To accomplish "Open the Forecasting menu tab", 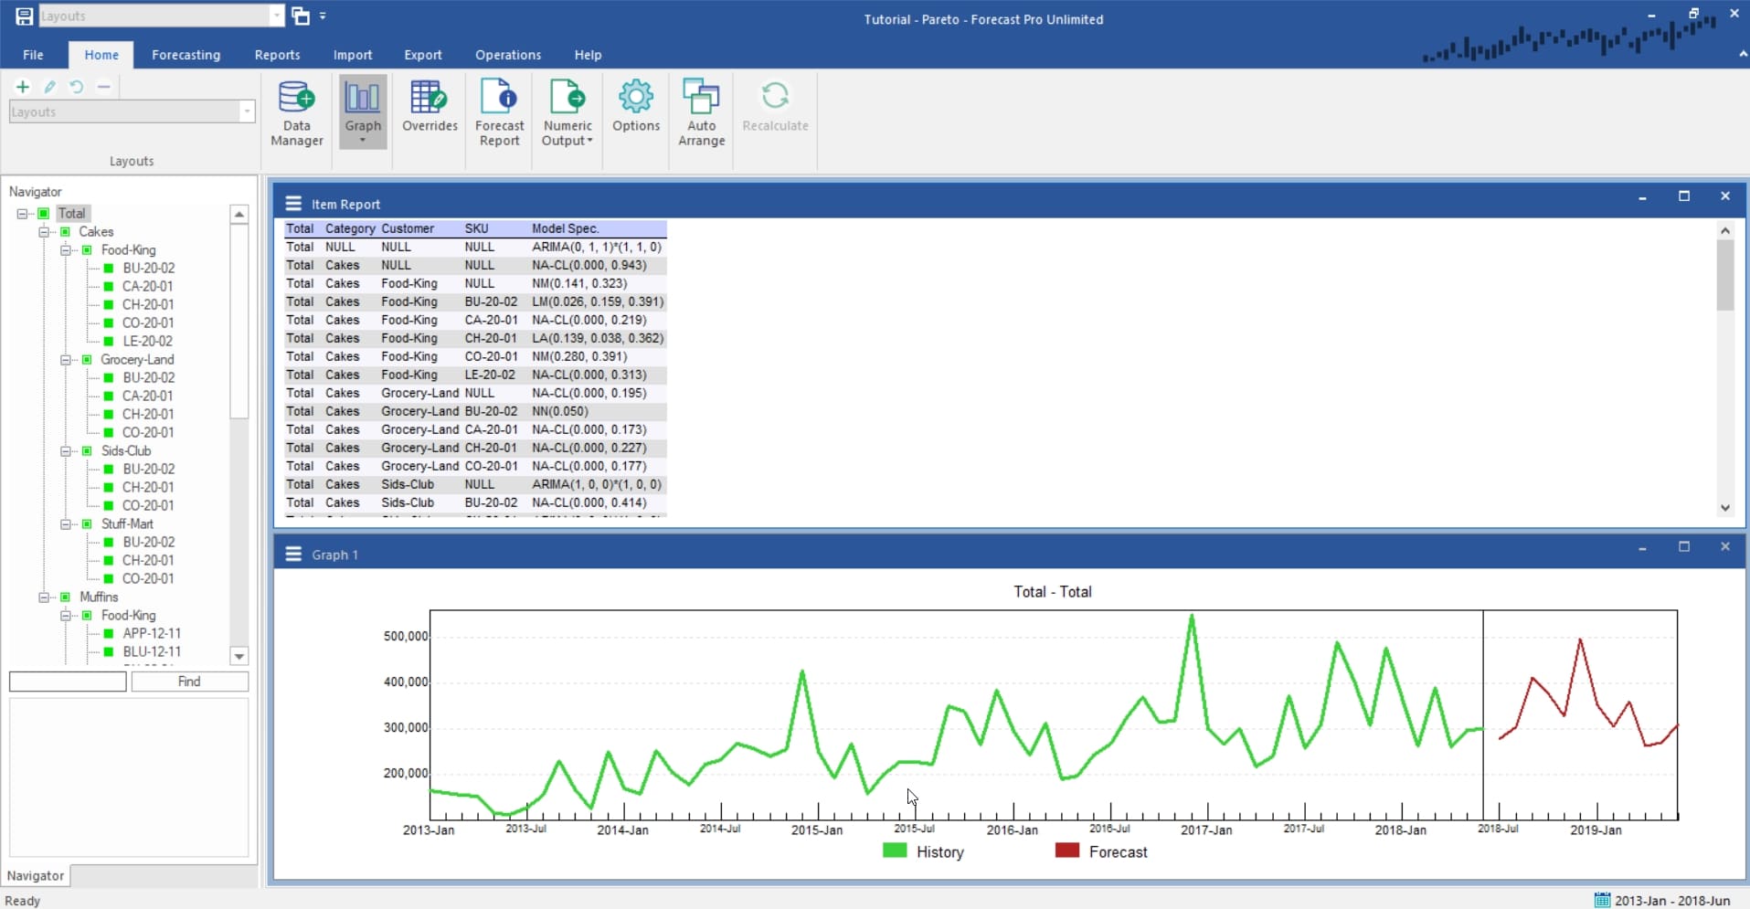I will point(186,55).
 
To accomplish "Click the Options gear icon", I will point(636,97).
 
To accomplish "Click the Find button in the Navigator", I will point(189,682).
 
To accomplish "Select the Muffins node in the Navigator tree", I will point(99,597).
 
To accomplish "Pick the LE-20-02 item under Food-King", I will point(147,341).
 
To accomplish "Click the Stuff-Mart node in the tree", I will point(127,523).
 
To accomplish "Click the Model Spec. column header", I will point(565,228).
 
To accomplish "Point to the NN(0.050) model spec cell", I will point(560,411).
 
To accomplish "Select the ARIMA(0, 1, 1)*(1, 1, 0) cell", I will point(597,247).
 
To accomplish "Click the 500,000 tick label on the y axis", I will point(405,636).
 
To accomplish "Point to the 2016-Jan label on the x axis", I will point(1012,830).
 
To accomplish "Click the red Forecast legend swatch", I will point(1066,851).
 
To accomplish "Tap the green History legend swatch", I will point(895,851).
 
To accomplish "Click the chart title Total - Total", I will point(1052,592).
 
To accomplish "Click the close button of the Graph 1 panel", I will point(1724,546).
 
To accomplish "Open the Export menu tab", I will point(422,55).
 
